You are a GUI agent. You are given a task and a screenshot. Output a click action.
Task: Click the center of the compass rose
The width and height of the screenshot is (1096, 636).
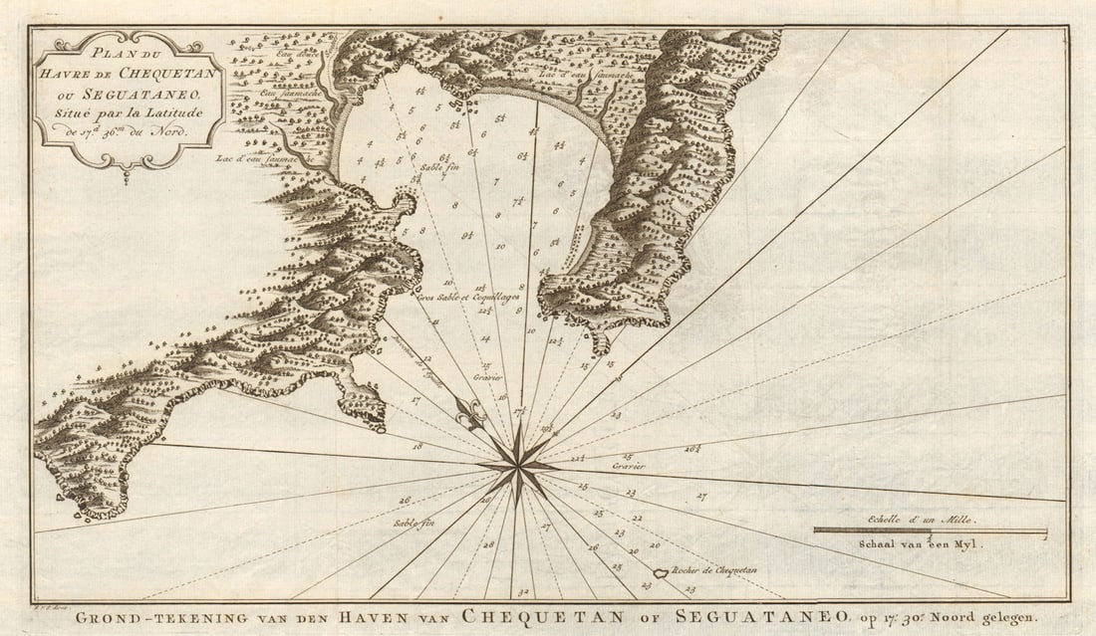517,464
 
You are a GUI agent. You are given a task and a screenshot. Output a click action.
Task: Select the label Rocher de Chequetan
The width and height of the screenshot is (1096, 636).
714,570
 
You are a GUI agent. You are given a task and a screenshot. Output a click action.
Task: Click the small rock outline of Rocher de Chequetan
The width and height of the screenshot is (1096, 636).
659,574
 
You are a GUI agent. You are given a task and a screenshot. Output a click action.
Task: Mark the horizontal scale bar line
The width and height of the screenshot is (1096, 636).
930,530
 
